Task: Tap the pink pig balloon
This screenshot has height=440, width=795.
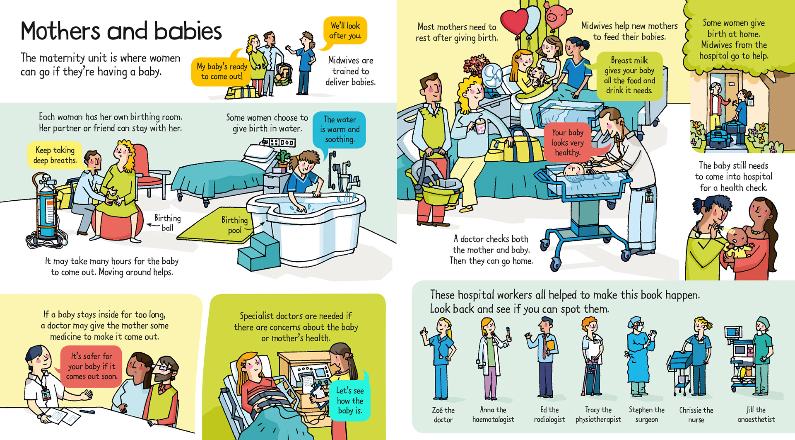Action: [555, 14]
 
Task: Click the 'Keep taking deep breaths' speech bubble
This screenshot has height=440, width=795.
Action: [55, 155]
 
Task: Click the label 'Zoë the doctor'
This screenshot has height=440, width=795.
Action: [443, 415]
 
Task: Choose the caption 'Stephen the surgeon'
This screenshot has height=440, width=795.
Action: [646, 415]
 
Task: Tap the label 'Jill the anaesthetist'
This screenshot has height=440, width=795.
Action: [756, 415]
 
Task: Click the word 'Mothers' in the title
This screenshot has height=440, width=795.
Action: [60, 32]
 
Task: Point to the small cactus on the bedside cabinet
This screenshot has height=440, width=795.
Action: [283, 158]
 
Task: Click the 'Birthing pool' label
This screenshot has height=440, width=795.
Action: [234, 225]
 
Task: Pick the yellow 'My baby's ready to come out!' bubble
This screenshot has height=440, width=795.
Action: [222, 71]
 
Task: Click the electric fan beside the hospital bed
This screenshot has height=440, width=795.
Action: [493, 76]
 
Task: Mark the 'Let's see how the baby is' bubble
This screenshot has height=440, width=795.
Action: [350, 400]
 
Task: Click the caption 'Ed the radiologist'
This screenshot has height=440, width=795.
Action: [549, 415]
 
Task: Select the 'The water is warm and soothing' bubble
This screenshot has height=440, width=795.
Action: [340, 129]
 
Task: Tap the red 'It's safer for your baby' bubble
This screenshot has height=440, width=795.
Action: [91, 366]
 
